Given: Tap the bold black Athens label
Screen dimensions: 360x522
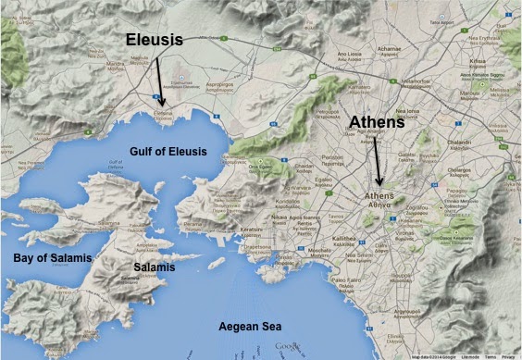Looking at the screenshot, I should click(379, 121).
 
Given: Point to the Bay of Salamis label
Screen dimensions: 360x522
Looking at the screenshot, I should click(40, 254).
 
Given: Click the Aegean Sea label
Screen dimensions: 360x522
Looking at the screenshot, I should click(248, 327).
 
